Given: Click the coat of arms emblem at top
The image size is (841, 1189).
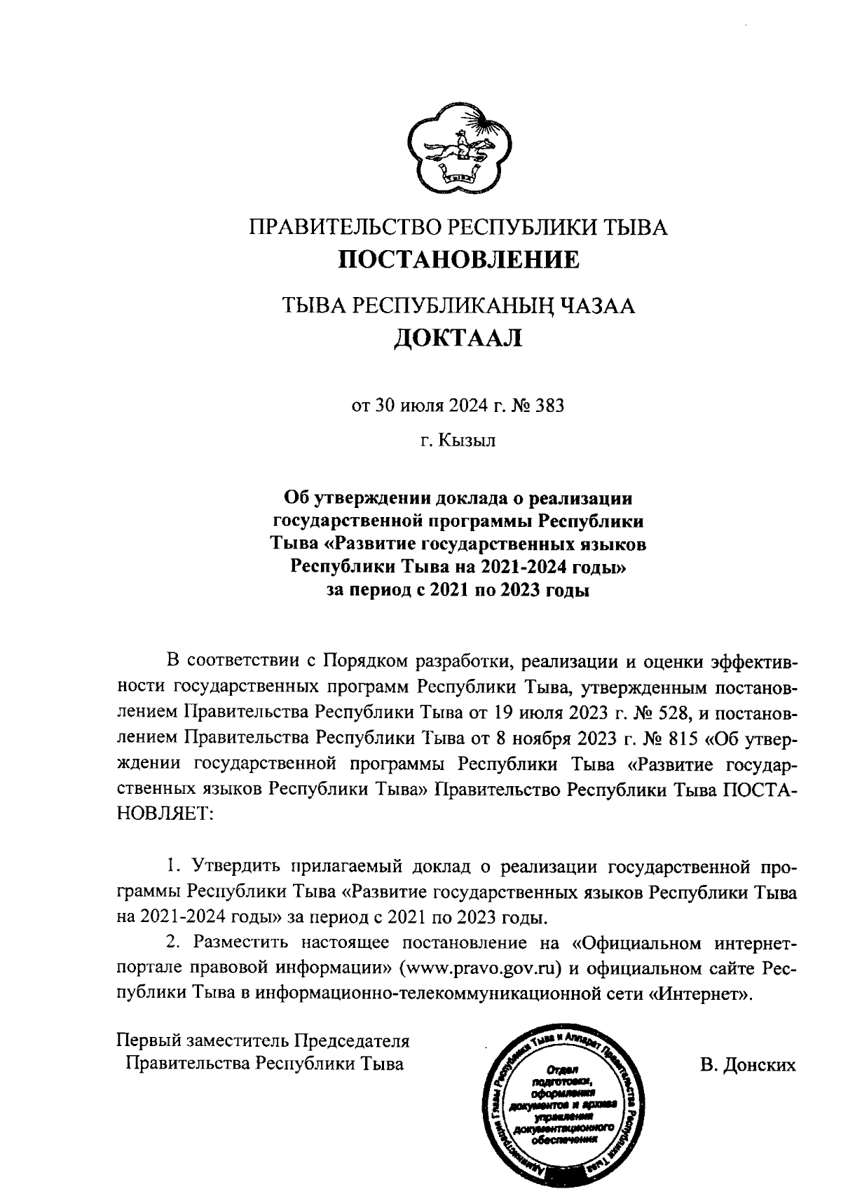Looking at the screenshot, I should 460,148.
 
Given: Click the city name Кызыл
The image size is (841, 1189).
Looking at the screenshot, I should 467,441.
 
